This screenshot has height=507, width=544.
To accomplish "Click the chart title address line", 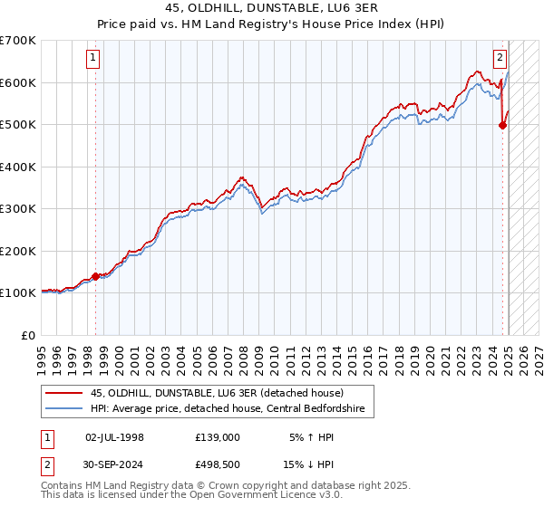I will pos(271,6).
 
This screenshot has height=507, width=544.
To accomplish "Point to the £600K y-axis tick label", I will pos(18,82).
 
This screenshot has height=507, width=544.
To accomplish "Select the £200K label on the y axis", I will pos(18,251).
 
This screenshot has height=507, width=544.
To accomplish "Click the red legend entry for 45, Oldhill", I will pos(217,393).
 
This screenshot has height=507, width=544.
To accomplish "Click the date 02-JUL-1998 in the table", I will pos(114,437).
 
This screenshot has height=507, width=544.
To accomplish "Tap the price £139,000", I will pos(218,437).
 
